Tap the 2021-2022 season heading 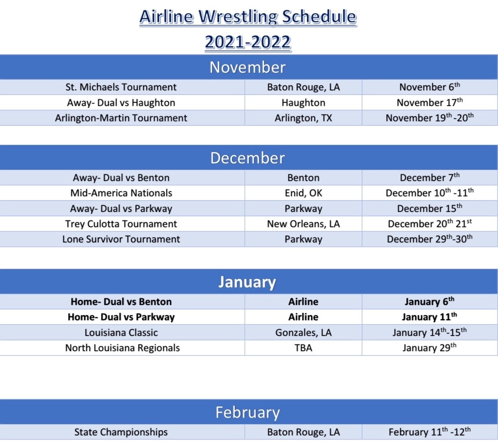tap(248, 42)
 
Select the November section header tap(247, 67)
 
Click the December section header tap(247, 158)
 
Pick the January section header tap(247, 282)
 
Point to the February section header tap(247, 412)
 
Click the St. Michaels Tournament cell tap(121, 87)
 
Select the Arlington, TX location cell tap(303, 118)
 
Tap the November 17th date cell tap(430, 102)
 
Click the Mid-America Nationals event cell tap(121, 193)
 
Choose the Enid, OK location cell tap(303, 193)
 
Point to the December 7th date tap(430, 177)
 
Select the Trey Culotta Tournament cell tap(121, 224)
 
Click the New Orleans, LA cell tap(303, 224)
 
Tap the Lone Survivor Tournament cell tap(121, 239)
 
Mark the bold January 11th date tap(429, 317)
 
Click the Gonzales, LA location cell tap(303, 333)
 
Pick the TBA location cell tap(303, 348)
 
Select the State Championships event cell tap(121, 432)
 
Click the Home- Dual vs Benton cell tap(121, 302)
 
